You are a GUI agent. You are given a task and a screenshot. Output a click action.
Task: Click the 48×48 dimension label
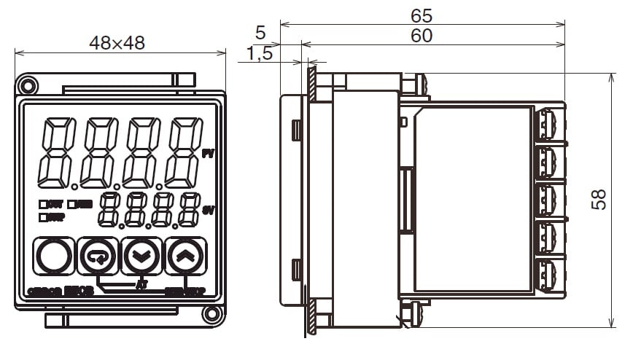pos(117,42)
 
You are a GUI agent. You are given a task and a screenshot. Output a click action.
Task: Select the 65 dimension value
pos(422,15)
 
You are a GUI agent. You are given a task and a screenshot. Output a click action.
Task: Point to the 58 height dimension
pos(599,200)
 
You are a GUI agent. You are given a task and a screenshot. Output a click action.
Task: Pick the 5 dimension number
pos(260,32)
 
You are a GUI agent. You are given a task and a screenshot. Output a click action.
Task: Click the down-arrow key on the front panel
pos(141,256)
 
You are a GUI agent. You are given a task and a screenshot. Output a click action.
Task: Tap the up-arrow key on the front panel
pos(185,256)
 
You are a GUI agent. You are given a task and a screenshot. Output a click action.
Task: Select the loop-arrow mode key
pos(97,256)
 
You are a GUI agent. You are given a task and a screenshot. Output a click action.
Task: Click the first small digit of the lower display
pos(109,210)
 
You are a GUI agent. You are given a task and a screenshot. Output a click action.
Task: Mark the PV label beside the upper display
pos(207,154)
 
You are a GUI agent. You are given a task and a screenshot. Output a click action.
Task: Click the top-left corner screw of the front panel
pos(27,85)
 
